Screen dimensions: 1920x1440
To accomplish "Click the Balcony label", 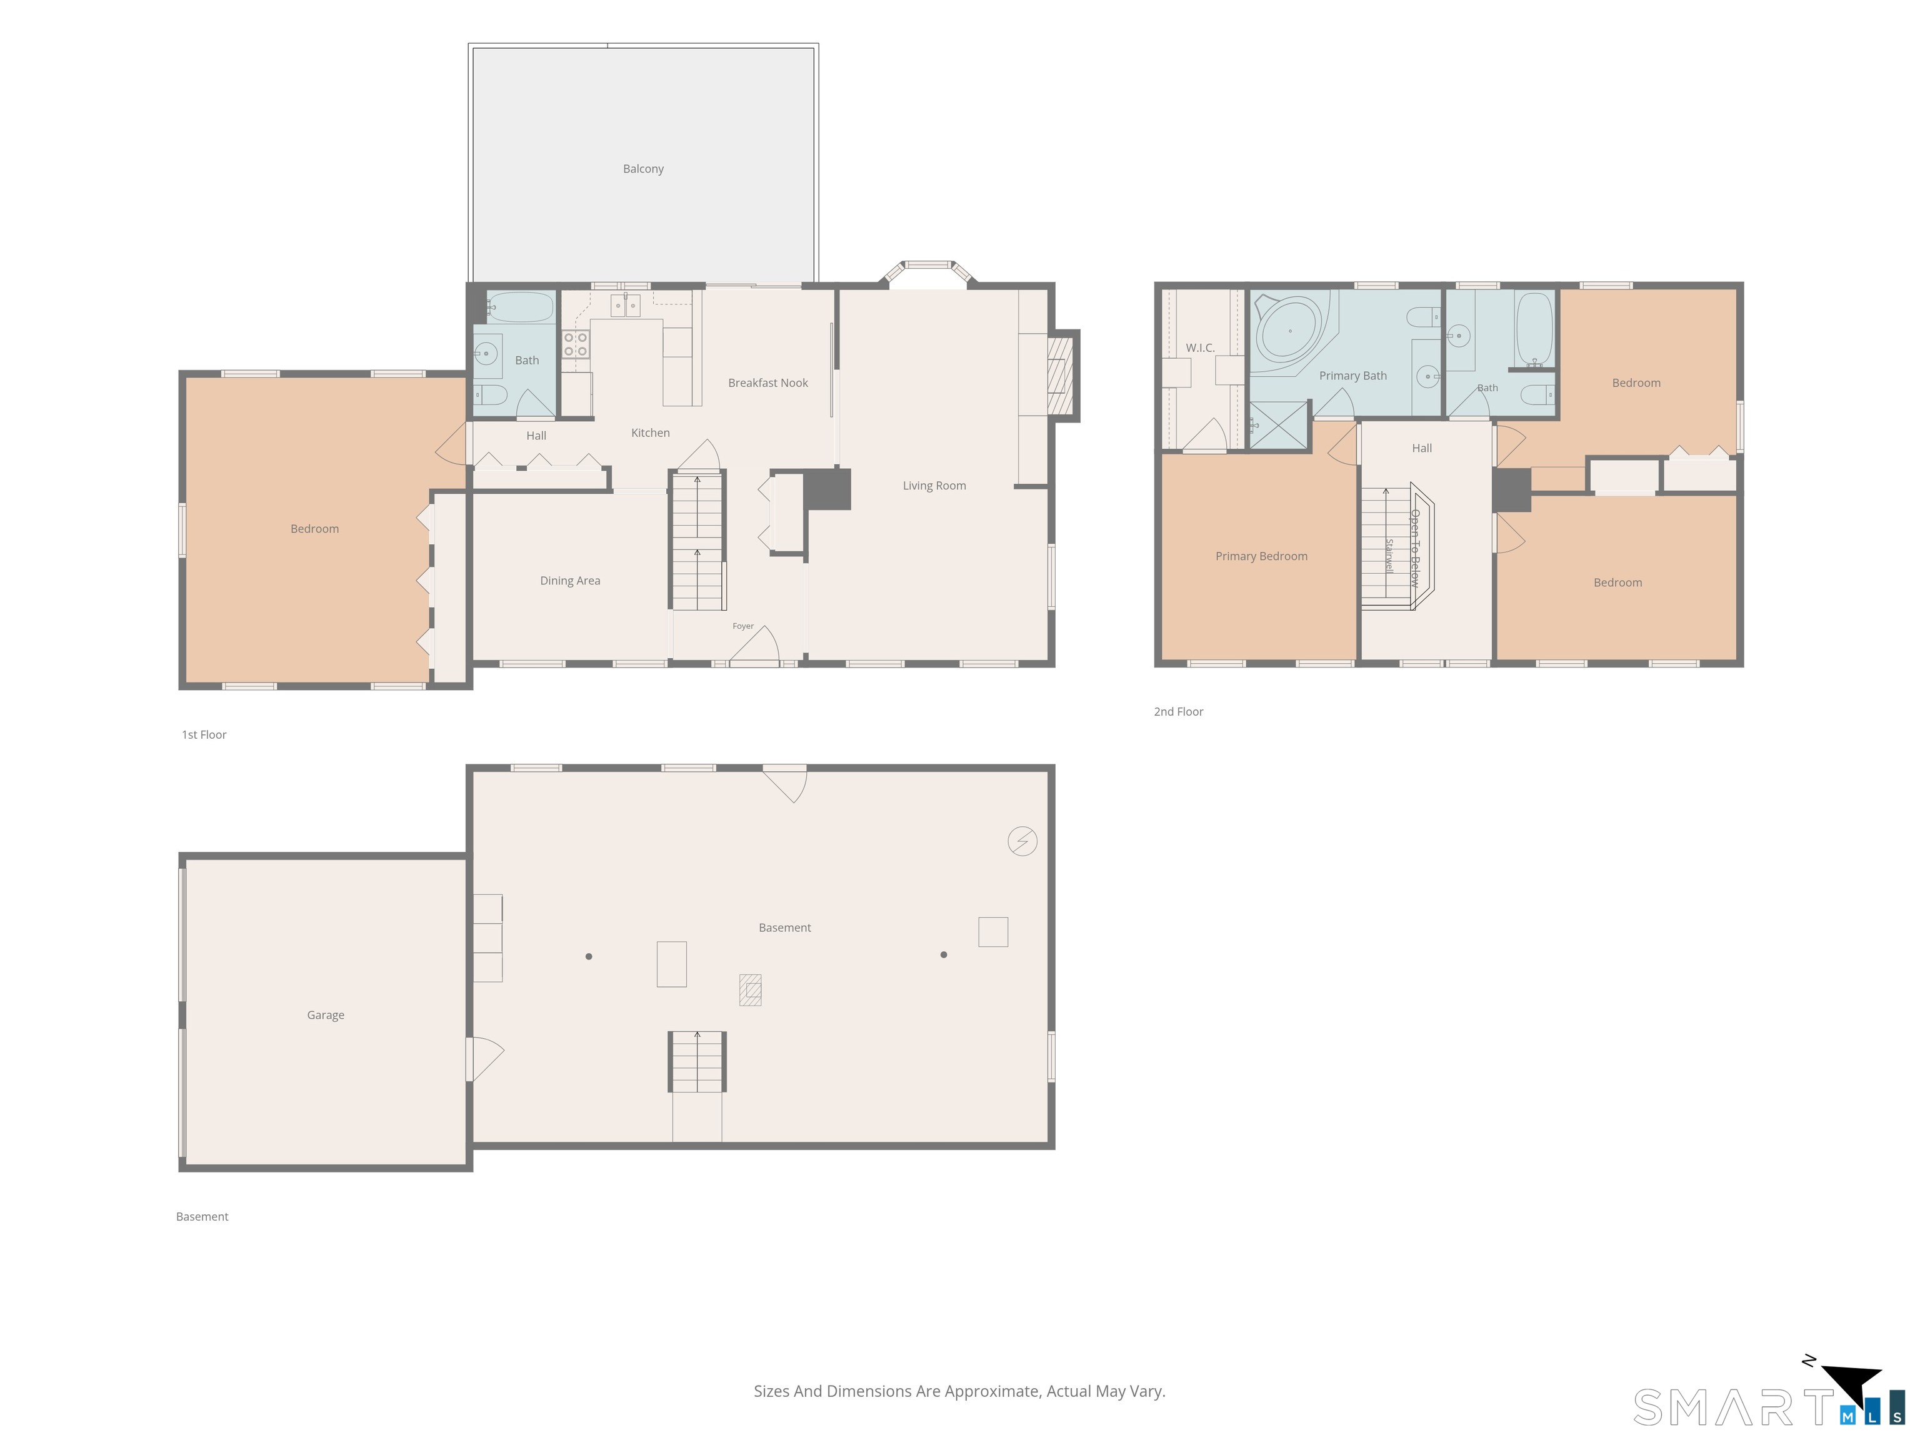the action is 643,168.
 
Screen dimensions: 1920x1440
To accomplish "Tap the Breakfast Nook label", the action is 768,382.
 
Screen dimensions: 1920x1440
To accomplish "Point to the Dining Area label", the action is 570,581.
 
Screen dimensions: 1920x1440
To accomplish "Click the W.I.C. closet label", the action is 1201,348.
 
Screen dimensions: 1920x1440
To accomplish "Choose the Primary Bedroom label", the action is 1261,556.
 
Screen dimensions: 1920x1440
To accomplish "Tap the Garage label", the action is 326,1014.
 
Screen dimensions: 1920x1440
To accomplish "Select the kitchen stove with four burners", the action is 576,344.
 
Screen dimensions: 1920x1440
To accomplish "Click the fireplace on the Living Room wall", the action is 1060,376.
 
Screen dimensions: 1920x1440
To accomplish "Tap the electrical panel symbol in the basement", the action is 1022,841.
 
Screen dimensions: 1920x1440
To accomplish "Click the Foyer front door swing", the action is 755,647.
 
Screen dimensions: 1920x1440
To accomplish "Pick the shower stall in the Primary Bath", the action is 1279,426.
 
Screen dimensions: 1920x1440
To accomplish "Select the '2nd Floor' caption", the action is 1178,712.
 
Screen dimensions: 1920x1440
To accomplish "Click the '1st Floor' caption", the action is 204,734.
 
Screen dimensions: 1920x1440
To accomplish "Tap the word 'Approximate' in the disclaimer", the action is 992,1391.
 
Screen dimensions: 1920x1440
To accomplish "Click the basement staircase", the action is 697,1061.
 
